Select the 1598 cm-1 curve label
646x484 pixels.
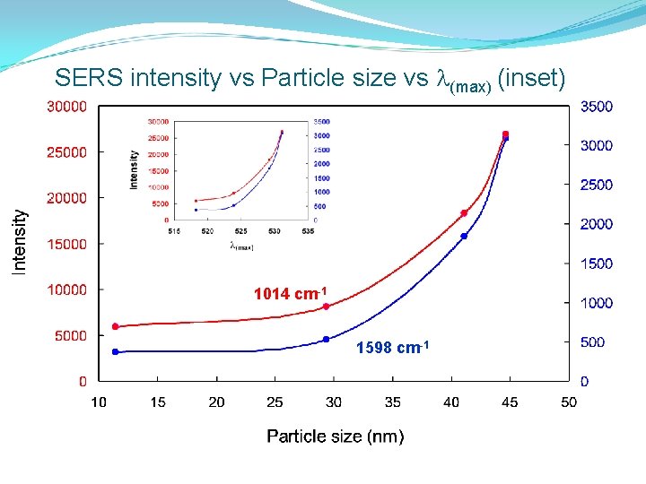(x=388, y=348)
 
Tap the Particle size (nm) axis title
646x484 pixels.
(x=335, y=436)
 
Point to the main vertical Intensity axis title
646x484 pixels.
(x=19, y=240)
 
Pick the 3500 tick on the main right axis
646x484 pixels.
(x=597, y=107)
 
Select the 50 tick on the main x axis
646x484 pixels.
(x=568, y=402)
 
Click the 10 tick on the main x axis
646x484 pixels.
(x=99, y=402)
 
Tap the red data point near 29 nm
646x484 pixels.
(x=326, y=307)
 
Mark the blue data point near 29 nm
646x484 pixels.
(x=326, y=340)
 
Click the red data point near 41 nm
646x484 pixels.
(x=464, y=213)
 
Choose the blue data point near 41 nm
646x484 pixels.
(x=464, y=236)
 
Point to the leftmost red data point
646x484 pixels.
(x=115, y=326)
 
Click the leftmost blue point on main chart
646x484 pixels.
(x=115, y=351)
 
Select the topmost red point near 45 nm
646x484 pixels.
(x=505, y=134)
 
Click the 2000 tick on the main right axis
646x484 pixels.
(x=597, y=224)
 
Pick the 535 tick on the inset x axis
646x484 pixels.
(x=308, y=231)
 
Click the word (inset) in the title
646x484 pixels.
(x=530, y=79)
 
